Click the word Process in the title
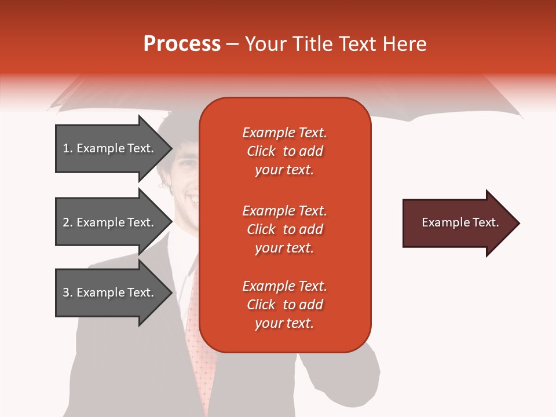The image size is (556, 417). click(182, 44)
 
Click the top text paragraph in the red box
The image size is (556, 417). click(284, 151)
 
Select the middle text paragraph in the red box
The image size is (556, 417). click(284, 229)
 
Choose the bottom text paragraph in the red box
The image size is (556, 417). click(284, 305)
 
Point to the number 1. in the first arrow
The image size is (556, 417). click(68, 148)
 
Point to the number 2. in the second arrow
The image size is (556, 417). click(68, 222)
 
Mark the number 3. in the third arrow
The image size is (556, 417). click(68, 292)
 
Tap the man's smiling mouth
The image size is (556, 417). click(191, 200)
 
